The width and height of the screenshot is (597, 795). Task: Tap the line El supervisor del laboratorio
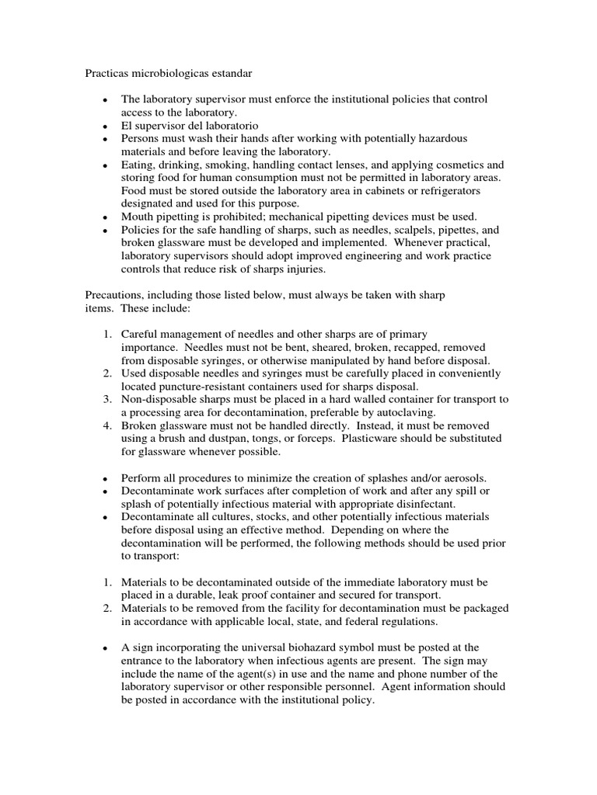tap(190, 125)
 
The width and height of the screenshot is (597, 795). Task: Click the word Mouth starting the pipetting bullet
tap(138, 216)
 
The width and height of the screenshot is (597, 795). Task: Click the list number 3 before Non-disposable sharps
tap(108, 399)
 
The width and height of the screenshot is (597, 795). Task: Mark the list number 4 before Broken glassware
tap(108, 425)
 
